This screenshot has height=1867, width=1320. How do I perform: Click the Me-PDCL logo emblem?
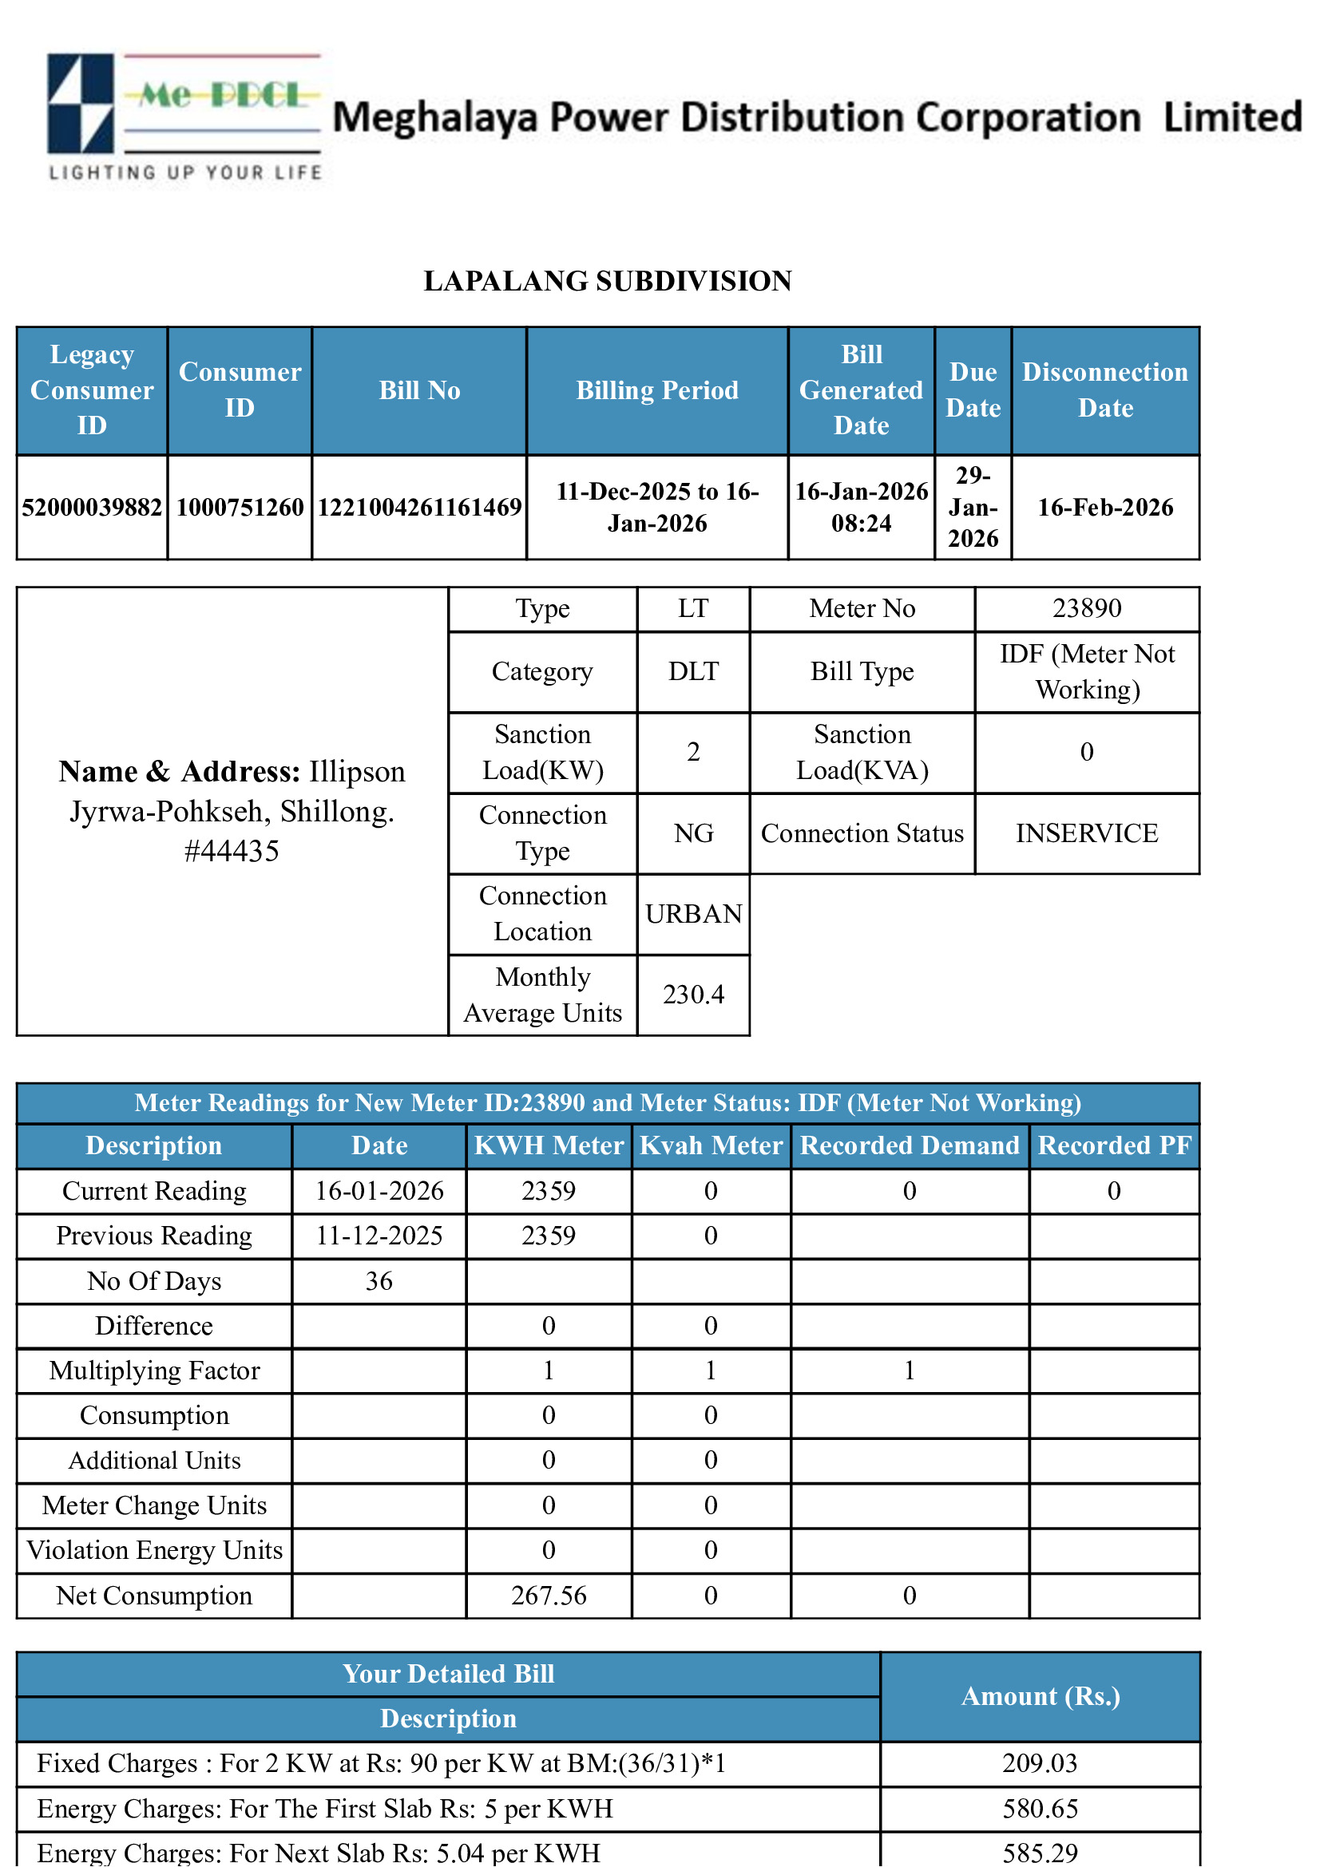pos(81,103)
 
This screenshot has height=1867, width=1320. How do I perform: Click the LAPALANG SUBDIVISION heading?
pos(607,280)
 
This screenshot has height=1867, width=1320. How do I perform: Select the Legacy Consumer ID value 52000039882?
pos(92,508)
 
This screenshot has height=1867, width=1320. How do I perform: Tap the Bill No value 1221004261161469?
pos(419,508)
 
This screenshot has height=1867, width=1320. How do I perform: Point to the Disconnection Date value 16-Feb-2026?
pos(1104,508)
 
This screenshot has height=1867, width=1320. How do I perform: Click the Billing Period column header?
pos(656,390)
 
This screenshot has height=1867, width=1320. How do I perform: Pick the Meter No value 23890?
pos(1086,608)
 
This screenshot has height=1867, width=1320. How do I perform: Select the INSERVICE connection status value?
pos(1086,833)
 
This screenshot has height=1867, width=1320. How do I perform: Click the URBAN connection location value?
pos(693,914)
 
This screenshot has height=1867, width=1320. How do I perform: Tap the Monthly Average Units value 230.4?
pos(693,995)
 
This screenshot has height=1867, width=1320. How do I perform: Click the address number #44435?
pos(232,852)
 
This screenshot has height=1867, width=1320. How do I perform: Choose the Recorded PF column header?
pos(1113,1145)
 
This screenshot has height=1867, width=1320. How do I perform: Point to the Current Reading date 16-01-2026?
pos(379,1191)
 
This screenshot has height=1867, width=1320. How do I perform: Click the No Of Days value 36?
pos(379,1282)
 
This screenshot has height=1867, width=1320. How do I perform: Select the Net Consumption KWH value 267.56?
pos(548,1596)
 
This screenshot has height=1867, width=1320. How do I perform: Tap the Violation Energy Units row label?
pos(155,1550)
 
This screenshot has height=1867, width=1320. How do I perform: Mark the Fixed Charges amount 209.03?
pos(1040,1763)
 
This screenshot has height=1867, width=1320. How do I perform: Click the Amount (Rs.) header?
pos(1040,1696)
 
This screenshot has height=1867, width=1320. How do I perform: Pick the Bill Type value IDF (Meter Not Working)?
pos(1086,671)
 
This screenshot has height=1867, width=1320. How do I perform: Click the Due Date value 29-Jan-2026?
pos(972,508)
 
